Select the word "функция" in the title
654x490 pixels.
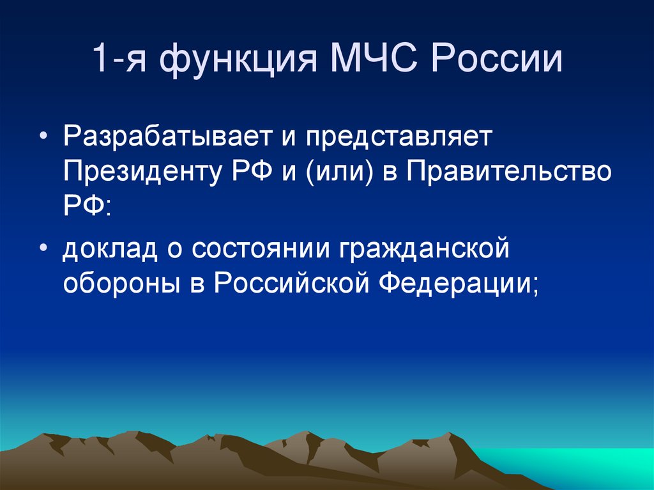pos(234,62)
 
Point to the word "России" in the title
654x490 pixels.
pos(494,62)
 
